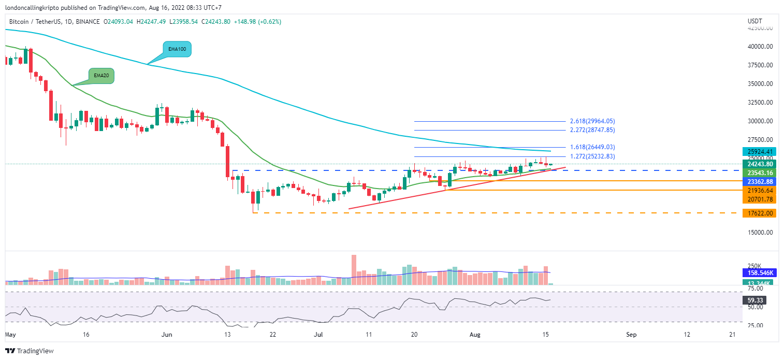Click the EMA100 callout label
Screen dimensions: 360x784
(x=177, y=49)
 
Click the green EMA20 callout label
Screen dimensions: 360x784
(x=100, y=76)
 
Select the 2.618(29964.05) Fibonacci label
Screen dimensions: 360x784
(x=592, y=121)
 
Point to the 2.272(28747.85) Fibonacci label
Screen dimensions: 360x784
(x=592, y=130)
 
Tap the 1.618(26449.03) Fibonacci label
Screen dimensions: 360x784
(x=592, y=147)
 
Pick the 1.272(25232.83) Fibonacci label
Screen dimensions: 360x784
(x=592, y=156)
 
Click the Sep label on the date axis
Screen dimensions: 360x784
(x=631, y=335)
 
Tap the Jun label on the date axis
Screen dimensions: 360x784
(x=167, y=335)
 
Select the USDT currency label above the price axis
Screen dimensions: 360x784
(x=755, y=21)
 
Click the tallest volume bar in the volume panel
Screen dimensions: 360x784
(x=354, y=269)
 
